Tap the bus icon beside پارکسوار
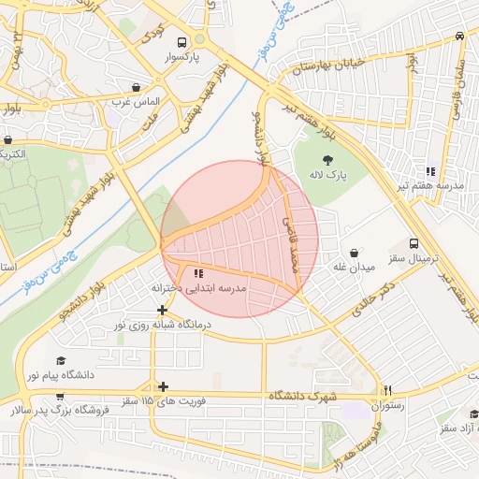(199, 40)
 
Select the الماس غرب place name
(138, 100)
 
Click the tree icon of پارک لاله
(327, 160)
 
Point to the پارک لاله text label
(330, 176)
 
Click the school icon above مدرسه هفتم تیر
(430, 171)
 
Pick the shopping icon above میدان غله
(355, 253)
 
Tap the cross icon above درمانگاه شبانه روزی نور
(163, 310)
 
